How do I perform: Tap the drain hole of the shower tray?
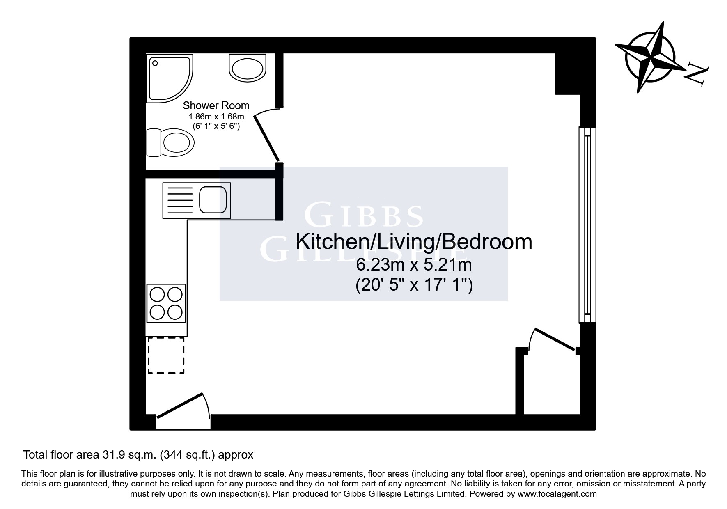155,63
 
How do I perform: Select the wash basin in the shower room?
247,68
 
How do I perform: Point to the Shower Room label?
216,105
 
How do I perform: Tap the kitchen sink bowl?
213,200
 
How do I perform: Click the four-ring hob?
166,303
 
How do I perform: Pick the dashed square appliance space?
166,355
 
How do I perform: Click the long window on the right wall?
587,225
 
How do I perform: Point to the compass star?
651,58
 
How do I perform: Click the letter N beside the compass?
697,75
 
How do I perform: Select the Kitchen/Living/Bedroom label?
414,242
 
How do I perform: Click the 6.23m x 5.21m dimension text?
414,265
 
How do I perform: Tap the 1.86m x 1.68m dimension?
216,117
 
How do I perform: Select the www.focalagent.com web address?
557,494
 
